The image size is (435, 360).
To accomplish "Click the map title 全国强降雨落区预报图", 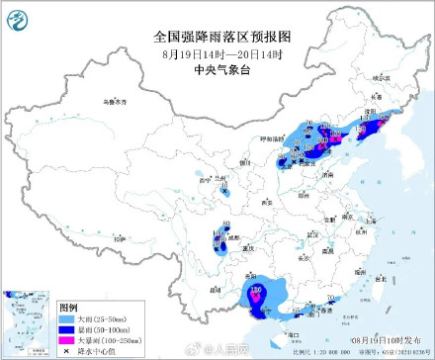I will point(217,35).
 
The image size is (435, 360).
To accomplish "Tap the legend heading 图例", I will point(67,308).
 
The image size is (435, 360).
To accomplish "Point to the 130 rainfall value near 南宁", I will point(255,290).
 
